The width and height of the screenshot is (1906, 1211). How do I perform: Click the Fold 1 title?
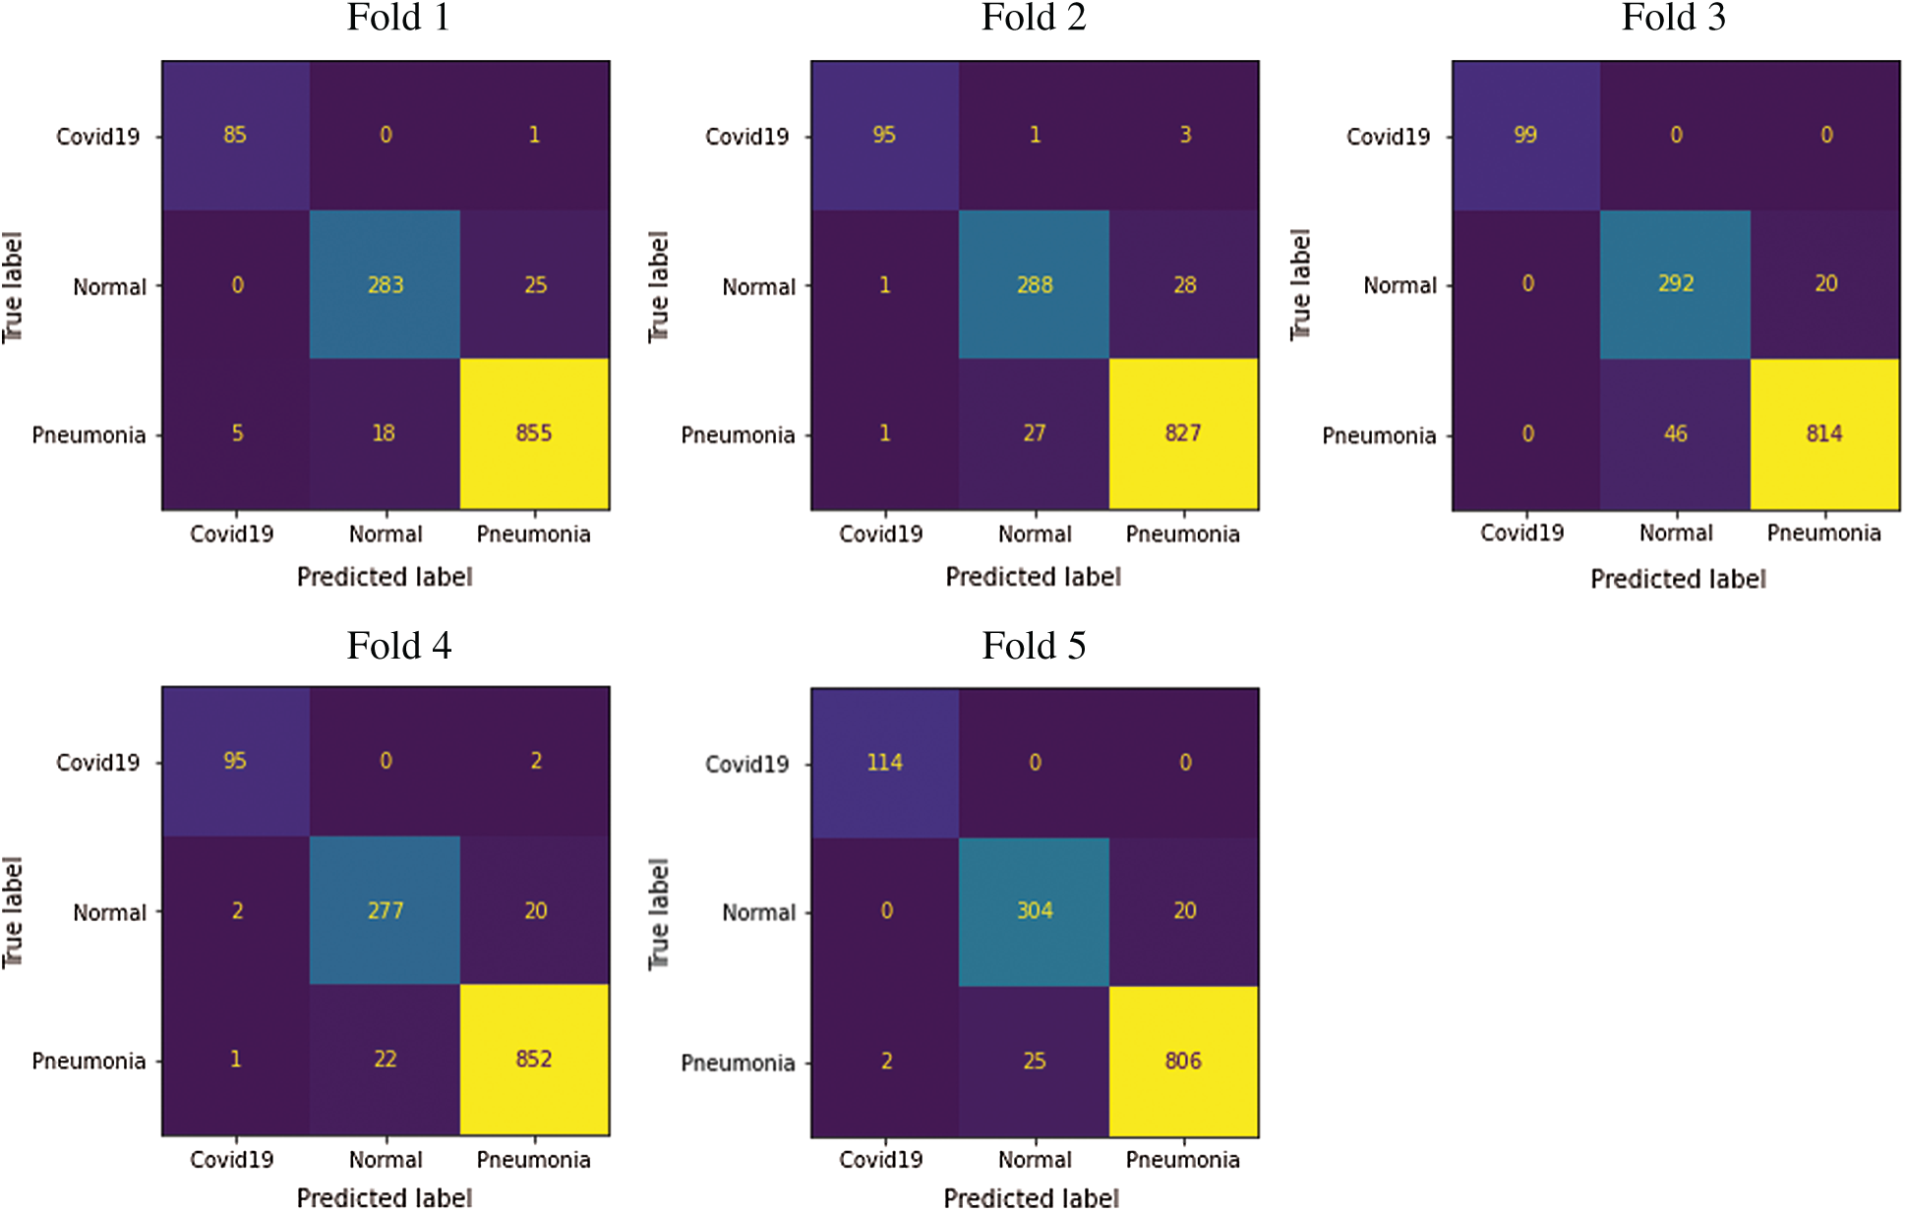(x=398, y=18)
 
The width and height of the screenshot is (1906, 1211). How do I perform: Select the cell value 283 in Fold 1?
(x=386, y=285)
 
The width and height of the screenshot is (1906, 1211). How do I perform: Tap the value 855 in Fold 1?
(x=534, y=433)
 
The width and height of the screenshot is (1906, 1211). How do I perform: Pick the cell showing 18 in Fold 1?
(x=384, y=433)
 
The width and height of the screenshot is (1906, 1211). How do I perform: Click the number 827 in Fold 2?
(x=1183, y=433)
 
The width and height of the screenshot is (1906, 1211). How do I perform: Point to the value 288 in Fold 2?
(x=1035, y=285)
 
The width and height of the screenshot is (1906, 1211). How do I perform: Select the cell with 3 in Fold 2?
(x=1185, y=135)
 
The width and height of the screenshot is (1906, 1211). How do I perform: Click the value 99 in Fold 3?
(x=1525, y=135)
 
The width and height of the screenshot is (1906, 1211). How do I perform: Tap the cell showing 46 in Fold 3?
(x=1676, y=433)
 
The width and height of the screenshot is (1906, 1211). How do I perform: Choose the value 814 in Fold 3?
(x=1824, y=433)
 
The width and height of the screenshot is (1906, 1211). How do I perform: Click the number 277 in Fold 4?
(x=386, y=911)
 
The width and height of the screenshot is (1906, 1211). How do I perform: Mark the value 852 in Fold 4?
(x=534, y=1060)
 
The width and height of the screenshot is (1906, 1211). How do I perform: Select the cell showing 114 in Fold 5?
(x=884, y=763)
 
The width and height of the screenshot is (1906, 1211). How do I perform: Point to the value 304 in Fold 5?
(x=1035, y=911)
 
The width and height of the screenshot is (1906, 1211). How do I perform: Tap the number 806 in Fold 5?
(x=1183, y=1062)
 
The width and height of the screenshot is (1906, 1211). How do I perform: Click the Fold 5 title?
(x=1034, y=646)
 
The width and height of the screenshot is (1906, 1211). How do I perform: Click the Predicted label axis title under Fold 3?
(x=1678, y=579)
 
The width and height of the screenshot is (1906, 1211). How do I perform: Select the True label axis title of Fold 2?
(x=658, y=287)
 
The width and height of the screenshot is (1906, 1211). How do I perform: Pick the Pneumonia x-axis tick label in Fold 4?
(x=533, y=1160)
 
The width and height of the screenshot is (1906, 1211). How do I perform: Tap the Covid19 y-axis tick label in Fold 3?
(x=1388, y=137)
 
